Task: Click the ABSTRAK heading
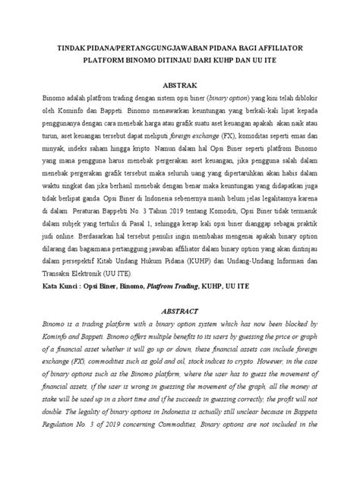[180, 86]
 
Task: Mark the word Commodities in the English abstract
[192, 461]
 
